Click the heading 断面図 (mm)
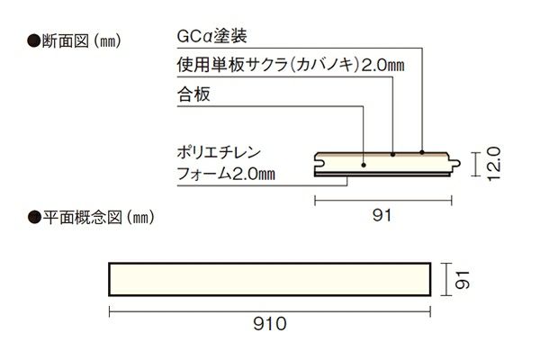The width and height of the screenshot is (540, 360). click(76, 40)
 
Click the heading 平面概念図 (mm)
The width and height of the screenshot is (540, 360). click(93, 217)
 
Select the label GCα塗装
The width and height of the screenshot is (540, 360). click(210, 37)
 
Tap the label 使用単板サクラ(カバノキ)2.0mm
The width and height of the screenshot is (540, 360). click(279, 65)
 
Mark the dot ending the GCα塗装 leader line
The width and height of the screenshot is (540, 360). click(422, 153)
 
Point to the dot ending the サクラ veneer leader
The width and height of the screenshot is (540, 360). click(393, 156)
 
